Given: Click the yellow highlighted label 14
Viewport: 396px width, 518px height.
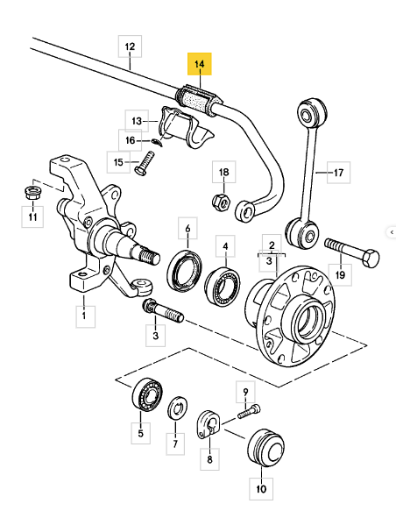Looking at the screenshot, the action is coord(200,64).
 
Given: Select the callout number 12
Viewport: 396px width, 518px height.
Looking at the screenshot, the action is coord(131,46).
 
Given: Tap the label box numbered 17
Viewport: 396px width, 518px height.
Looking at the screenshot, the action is coord(338,173).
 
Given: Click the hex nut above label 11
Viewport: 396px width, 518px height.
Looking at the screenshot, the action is coord(32,192).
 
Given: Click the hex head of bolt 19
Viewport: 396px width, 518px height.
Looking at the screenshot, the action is coord(371,258).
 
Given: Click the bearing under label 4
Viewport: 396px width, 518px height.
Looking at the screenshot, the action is coord(223,286).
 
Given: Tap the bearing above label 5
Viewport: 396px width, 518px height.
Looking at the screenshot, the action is coord(147,394).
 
